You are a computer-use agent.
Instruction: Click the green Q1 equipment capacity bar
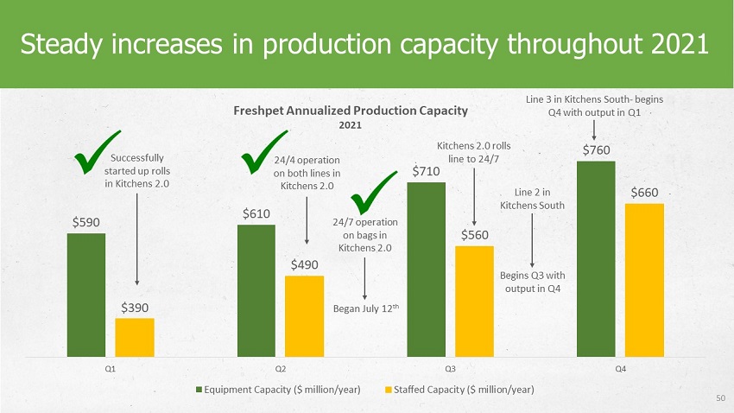[86, 295]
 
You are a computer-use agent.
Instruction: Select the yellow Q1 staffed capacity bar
[135, 338]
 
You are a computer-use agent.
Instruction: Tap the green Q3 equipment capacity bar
[426, 270]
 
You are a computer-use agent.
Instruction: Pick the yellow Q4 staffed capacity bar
[644, 280]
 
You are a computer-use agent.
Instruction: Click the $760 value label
[597, 150]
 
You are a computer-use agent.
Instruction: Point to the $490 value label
[304, 265]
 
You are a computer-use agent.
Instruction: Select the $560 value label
[475, 235]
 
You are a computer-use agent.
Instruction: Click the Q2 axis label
[281, 369]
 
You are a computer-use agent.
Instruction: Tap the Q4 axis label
[620, 369]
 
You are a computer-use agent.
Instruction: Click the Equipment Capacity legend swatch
[199, 390]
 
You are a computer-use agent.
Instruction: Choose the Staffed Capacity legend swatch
[388, 390]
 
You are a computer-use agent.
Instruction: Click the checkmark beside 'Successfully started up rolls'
[97, 152]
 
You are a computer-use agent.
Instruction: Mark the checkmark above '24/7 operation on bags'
[374, 193]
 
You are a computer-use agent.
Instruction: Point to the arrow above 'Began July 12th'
[364, 278]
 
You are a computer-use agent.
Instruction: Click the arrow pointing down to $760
[594, 130]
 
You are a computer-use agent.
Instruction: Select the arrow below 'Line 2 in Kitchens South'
[532, 241]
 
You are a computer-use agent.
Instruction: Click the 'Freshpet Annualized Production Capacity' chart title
[351, 111]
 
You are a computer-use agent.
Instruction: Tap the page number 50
[720, 398]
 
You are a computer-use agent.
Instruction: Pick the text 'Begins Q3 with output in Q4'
[532, 282]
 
